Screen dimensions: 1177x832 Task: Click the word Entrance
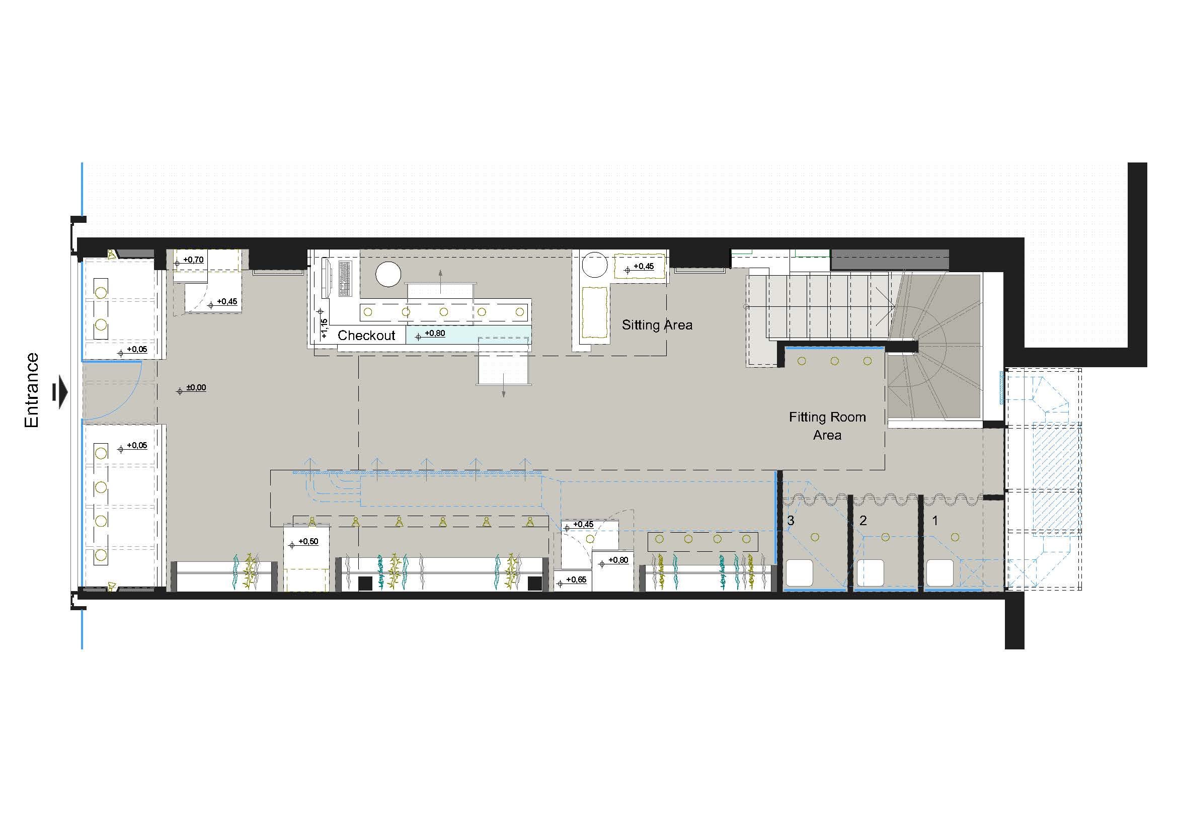(x=32, y=390)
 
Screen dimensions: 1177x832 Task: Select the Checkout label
(x=366, y=336)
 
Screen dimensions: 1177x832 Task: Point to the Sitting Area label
(x=657, y=325)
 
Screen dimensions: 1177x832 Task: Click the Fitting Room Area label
(x=827, y=426)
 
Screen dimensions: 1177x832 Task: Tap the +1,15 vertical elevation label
(x=324, y=328)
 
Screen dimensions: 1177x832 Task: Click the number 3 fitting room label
(x=791, y=521)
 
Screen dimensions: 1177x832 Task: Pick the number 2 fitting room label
(x=863, y=521)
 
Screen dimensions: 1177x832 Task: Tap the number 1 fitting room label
(x=935, y=521)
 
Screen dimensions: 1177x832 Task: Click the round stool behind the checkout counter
(x=388, y=274)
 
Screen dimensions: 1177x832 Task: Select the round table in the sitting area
(x=595, y=265)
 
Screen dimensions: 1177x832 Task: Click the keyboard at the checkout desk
(x=345, y=278)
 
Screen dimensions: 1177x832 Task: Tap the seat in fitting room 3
(x=799, y=573)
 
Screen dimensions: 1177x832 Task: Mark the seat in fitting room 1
(x=939, y=573)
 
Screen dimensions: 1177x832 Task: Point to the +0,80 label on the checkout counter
(x=435, y=334)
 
